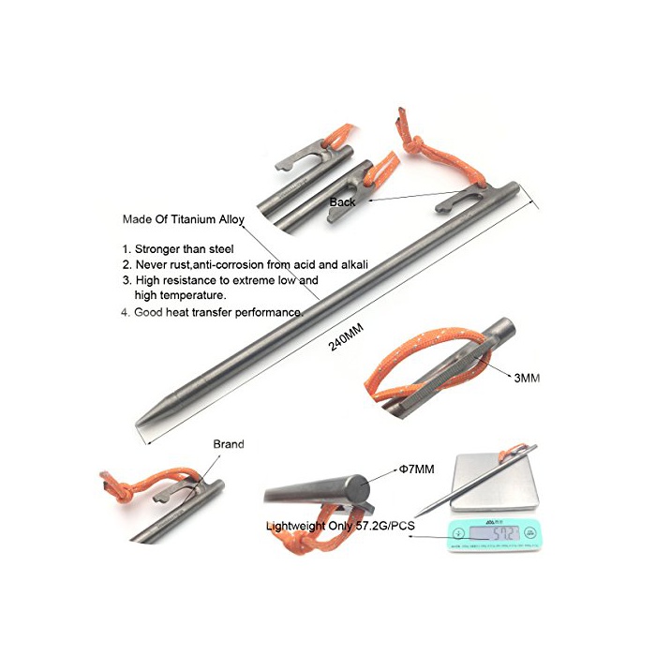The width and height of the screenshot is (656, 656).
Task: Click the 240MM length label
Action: point(346,336)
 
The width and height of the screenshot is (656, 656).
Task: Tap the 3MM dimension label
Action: point(527,378)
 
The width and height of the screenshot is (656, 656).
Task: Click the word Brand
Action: point(229,444)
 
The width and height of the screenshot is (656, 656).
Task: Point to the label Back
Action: point(342,202)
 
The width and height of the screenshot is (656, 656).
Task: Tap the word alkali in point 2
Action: point(355,264)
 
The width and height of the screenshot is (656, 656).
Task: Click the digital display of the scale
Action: point(494,533)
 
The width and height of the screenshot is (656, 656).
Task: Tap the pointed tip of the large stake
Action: point(138,424)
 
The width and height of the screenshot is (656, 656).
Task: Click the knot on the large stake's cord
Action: point(413,144)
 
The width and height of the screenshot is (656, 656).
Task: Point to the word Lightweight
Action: point(295,526)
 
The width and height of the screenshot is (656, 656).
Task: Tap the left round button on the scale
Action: point(459,533)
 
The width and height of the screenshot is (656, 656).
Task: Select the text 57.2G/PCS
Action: point(385,526)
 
